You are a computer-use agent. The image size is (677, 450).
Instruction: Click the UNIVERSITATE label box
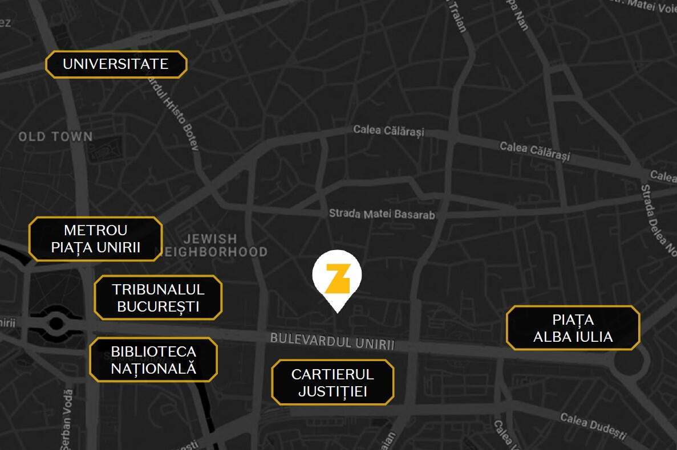(116, 64)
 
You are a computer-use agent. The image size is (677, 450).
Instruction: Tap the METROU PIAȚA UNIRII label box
(96, 239)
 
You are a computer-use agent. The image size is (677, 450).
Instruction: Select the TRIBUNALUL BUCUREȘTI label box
(158, 297)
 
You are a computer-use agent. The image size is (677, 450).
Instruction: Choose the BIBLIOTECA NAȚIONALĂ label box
(153, 359)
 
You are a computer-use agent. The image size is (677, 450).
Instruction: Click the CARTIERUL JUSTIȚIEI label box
(333, 382)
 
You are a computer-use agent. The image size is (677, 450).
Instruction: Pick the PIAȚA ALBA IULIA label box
(573, 328)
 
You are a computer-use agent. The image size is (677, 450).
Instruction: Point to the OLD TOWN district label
(55, 137)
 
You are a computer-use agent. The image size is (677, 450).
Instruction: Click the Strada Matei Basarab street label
(382, 215)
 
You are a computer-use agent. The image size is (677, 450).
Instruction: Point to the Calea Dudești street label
(593, 426)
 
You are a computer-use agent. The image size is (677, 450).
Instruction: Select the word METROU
(96, 230)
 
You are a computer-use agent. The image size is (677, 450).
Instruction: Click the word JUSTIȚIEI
(333, 391)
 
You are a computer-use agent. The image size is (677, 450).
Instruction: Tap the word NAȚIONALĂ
(153, 368)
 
